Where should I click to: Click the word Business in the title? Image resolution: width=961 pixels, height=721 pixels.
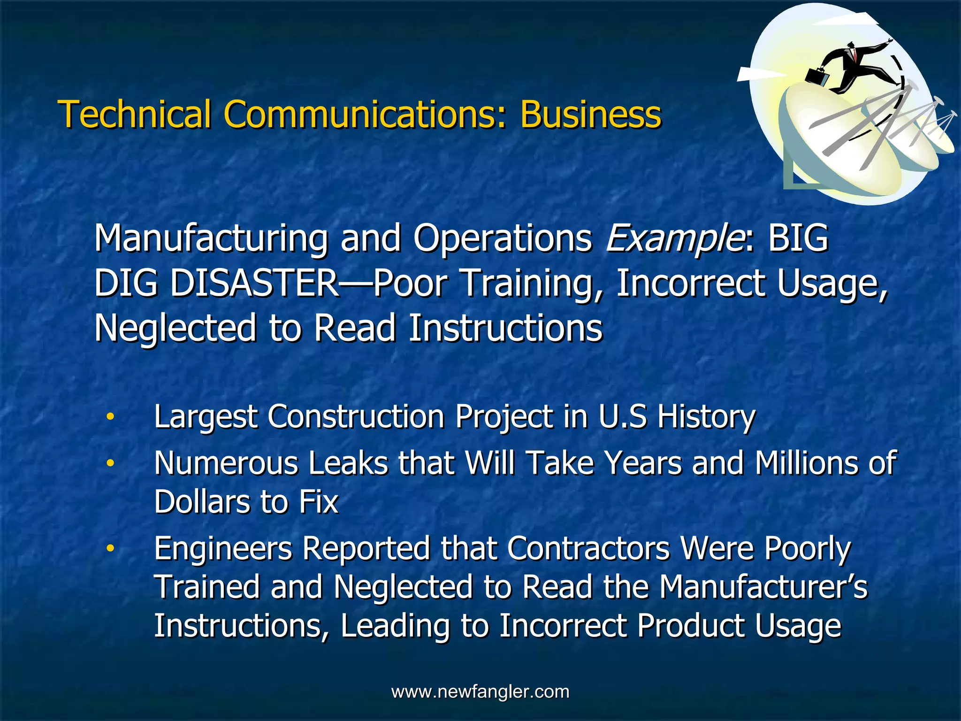(x=590, y=114)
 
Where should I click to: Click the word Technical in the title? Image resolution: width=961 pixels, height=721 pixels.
(x=134, y=114)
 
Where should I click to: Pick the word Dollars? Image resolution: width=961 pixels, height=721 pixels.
(x=202, y=502)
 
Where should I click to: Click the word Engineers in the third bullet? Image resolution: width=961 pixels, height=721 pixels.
(x=223, y=549)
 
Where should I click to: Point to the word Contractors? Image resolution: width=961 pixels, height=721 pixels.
(x=588, y=548)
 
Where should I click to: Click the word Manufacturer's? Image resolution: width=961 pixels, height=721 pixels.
(x=763, y=587)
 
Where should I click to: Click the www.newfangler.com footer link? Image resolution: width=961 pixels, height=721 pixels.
(x=480, y=691)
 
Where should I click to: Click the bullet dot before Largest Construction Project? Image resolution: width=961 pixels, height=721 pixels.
(x=110, y=416)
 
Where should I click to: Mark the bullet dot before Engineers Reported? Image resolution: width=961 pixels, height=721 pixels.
(x=110, y=548)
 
